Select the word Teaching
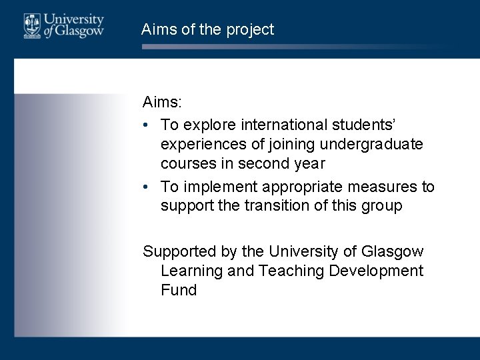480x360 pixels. [x=291, y=271]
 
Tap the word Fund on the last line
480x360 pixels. [x=179, y=290]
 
